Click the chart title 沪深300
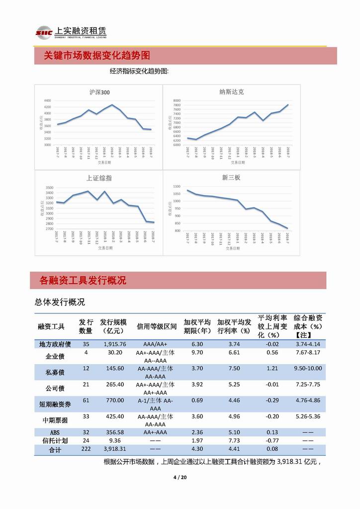coord(99,92)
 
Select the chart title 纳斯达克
coord(231,92)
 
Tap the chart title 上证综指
coord(99,178)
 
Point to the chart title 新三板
coord(231,178)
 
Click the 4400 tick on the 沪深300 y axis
coord(47,101)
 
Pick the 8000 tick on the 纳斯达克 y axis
coord(177,101)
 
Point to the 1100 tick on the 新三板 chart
coord(177,186)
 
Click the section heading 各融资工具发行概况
coord(83,281)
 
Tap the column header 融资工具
coord(51,326)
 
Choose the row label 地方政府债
coord(55,344)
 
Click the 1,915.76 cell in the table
coord(115,344)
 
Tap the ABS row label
coord(55,432)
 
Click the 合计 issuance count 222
coord(86,449)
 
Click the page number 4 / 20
coord(180,478)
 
